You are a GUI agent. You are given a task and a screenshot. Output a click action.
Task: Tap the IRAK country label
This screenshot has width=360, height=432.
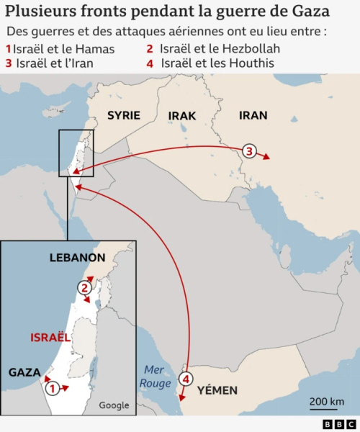(x=181, y=116)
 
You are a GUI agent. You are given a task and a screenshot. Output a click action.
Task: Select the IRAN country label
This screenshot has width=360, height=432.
(x=253, y=115)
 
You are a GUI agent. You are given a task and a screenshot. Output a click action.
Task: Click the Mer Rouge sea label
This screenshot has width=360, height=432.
(x=156, y=377)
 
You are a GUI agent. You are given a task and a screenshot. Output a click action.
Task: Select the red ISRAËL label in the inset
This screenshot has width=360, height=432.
(x=50, y=337)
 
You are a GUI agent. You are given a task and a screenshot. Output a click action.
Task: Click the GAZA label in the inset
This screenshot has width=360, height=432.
(x=24, y=372)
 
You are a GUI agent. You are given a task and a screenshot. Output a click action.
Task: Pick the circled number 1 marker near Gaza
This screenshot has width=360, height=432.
(x=52, y=388)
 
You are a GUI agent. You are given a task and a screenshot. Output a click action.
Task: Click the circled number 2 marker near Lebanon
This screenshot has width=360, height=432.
(x=85, y=288)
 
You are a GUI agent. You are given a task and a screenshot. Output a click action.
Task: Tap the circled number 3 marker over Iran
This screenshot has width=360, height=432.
(x=249, y=151)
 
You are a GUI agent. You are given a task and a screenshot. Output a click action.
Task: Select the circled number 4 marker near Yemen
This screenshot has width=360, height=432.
(x=186, y=379)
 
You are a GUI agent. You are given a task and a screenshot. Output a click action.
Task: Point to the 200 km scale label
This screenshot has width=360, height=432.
(x=327, y=401)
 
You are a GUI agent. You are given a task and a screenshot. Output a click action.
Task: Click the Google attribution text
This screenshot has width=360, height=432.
(x=114, y=405)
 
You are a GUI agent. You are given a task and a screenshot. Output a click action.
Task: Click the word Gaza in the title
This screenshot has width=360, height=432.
(x=310, y=12)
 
